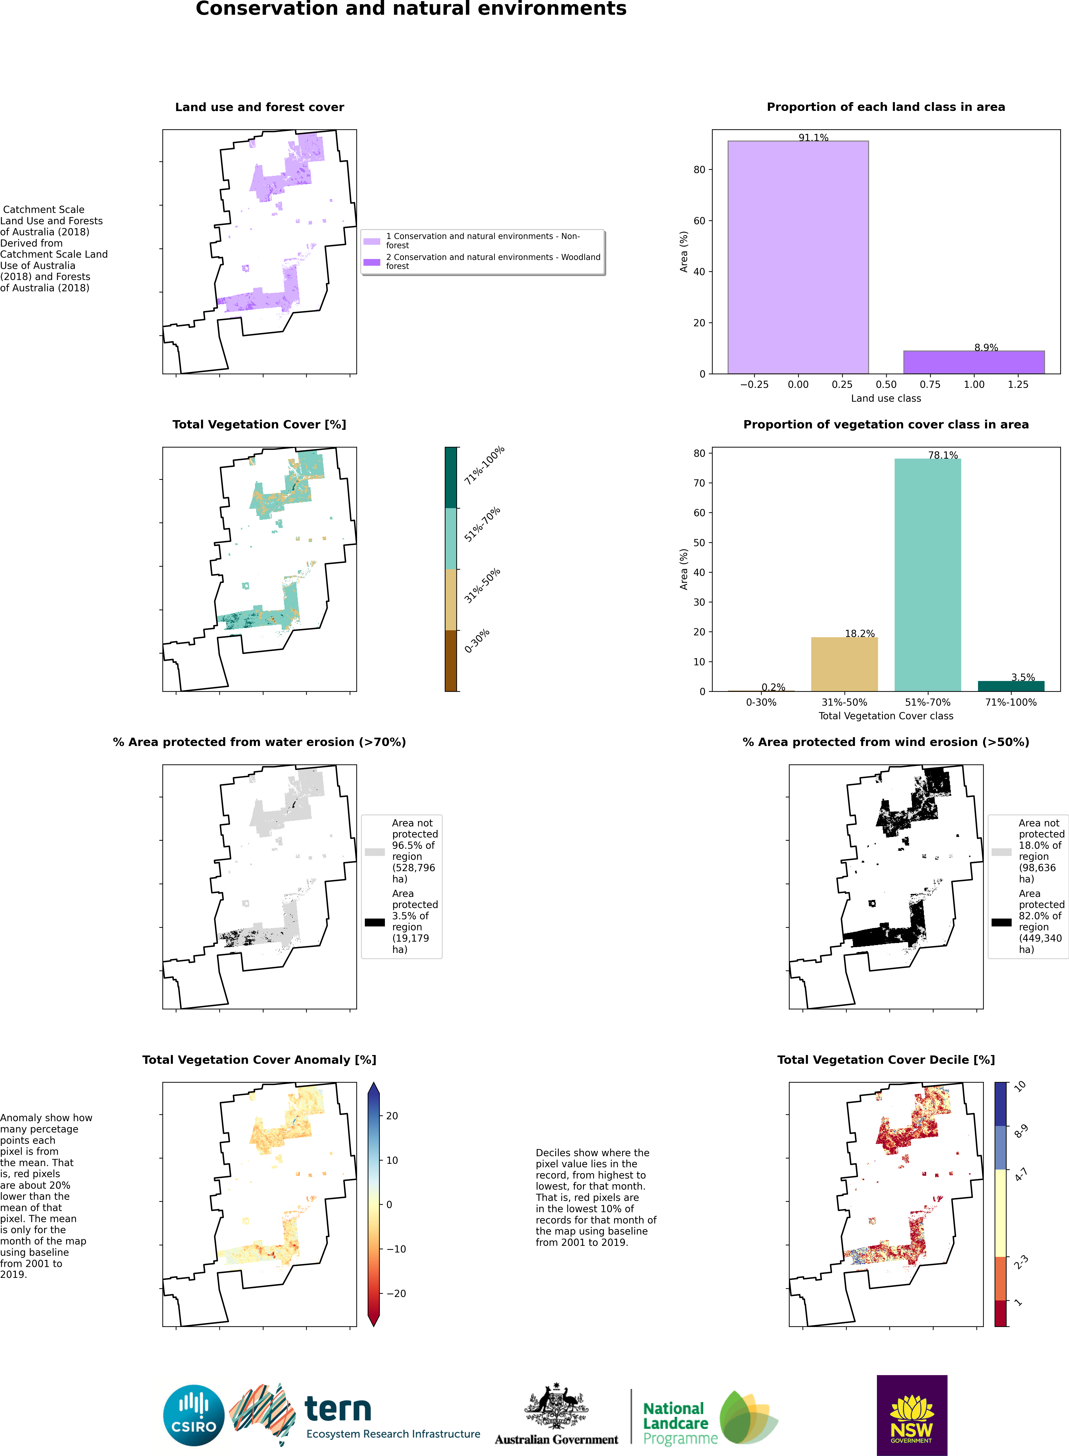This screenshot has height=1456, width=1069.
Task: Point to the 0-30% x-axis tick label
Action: (x=761, y=702)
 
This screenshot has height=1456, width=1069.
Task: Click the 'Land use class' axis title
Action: (x=885, y=398)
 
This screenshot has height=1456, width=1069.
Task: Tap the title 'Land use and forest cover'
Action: (x=260, y=107)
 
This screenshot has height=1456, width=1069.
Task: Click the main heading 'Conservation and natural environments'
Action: (x=411, y=9)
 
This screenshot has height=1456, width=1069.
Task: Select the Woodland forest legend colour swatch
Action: (x=372, y=262)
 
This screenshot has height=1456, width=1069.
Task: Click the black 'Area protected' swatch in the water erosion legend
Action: (x=375, y=922)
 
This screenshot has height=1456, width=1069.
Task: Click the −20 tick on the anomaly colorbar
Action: (x=396, y=1294)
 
